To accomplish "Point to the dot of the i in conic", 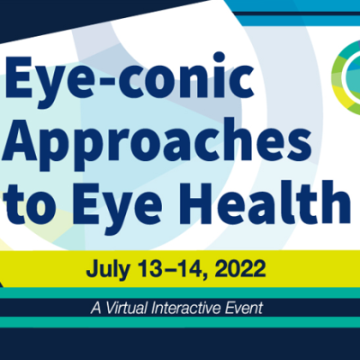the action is pyautogui.click(x=219, y=58).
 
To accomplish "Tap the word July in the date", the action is pyautogui.click(x=108, y=269).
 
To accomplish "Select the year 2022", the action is pyautogui.click(x=240, y=268).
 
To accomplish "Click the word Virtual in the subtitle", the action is pyautogui.click(x=127, y=308).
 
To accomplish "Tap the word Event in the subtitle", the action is pyautogui.click(x=244, y=308).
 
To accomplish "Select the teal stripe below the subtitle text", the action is pyautogui.click(x=180, y=322).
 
